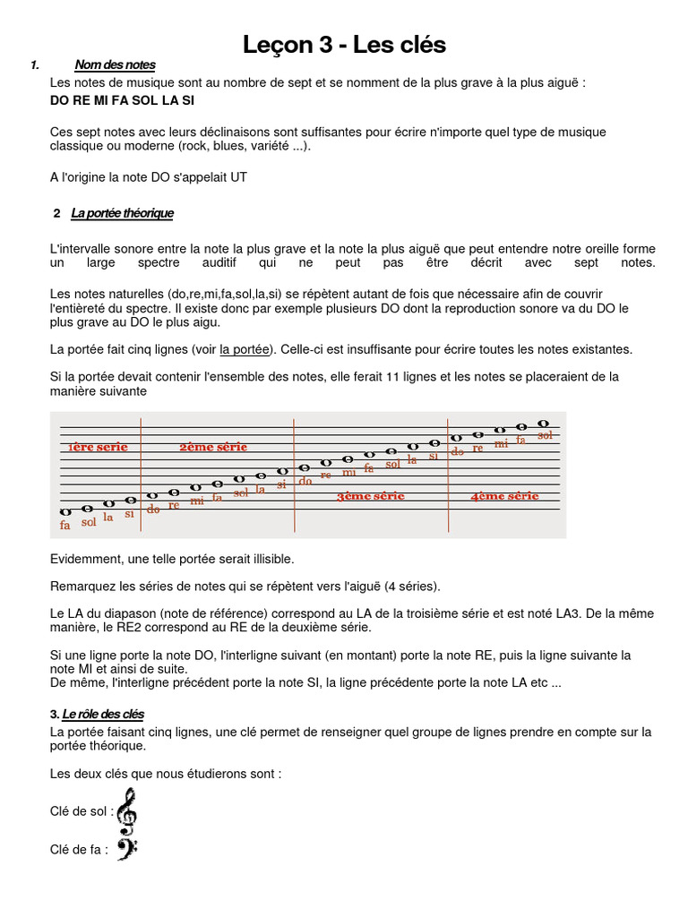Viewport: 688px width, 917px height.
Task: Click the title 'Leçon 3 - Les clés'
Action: [345, 45]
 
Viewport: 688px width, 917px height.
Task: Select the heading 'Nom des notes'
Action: [115, 64]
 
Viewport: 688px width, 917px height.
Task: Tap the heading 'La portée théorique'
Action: [122, 213]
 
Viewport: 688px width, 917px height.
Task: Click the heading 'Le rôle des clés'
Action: [103, 714]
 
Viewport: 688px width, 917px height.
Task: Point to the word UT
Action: [238, 177]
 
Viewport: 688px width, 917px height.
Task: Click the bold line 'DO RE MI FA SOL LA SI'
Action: [122, 100]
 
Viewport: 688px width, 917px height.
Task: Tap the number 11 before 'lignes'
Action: [392, 377]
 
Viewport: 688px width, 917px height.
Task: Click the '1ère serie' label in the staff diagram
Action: [98, 447]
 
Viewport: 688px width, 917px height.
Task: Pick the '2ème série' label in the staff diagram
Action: [213, 447]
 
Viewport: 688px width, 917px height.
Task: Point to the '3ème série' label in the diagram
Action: [371, 495]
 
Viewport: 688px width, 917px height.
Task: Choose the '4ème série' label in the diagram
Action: [504, 495]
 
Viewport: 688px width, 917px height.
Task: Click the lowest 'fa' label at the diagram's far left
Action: [65, 526]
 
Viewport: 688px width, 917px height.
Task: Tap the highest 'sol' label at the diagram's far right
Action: [546, 435]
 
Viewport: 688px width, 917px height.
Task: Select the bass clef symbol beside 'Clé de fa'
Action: [126, 850]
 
